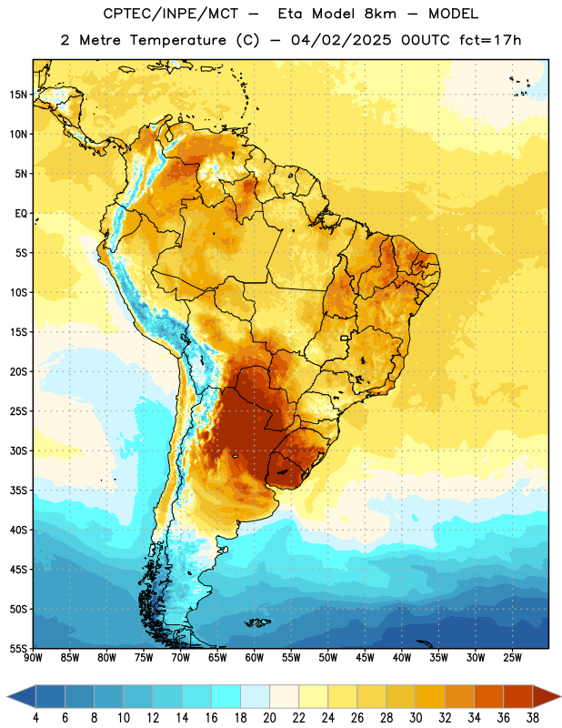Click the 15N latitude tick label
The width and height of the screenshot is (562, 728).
(18, 95)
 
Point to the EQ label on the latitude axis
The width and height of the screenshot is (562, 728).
(21, 214)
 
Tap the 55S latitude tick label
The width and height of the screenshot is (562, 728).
(18, 648)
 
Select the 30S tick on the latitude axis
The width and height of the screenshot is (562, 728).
(18, 450)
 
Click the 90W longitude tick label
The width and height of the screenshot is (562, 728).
(33, 658)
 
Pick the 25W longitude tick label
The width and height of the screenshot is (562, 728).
(512, 658)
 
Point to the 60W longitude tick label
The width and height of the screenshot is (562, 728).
(255, 658)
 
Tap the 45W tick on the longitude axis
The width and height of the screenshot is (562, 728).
(365, 658)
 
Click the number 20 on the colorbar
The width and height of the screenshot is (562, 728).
(269, 718)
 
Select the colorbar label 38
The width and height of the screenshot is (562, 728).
(532, 718)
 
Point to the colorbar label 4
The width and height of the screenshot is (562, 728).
(35, 718)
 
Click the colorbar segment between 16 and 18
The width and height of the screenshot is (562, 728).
(226, 696)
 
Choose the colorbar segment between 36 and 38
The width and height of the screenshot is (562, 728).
(518, 696)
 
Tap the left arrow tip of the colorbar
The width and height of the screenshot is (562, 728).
(7, 696)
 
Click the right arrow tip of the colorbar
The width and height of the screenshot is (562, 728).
(560, 696)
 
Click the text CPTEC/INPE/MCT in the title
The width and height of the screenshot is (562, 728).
(171, 14)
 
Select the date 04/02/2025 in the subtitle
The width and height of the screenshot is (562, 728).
(341, 40)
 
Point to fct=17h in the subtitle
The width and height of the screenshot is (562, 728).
(490, 40)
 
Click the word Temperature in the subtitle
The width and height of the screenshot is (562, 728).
(178, 41)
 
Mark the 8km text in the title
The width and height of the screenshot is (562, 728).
(380, 14)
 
